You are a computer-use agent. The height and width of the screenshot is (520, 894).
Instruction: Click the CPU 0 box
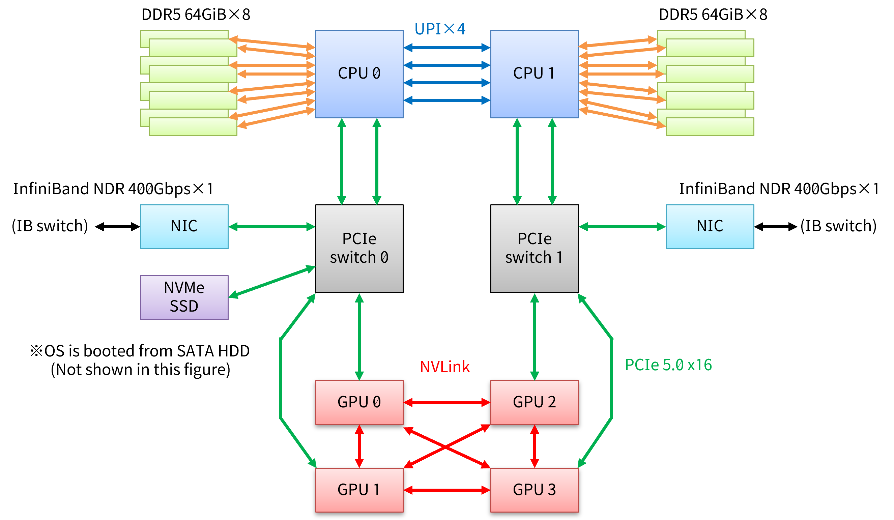click(359, 74)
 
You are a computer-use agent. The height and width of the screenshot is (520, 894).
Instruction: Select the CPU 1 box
click(534, 74)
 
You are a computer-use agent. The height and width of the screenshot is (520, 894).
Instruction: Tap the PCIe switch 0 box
click(359, 248)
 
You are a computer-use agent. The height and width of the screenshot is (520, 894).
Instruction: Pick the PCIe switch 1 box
click(534, 248)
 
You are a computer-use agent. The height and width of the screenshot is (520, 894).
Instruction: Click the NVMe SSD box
click(184, 297)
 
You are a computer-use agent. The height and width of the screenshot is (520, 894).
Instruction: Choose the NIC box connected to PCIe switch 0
click(184, 226)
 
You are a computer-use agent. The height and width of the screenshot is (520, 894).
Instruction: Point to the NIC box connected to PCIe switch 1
click(710, 226)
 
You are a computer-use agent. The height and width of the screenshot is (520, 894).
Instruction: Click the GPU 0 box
click(359, 402)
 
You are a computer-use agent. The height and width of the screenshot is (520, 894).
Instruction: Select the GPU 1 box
click(359, 490)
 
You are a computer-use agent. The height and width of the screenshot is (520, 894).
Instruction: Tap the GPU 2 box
click(534, 402)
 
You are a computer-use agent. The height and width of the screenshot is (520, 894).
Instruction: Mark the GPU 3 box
click(534, 490)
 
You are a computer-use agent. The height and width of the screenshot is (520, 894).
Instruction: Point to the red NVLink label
click(444, 367)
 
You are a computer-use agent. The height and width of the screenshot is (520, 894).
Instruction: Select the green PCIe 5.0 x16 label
click(668, 365)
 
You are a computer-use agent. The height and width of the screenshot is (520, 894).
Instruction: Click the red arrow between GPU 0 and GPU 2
click(447, 402)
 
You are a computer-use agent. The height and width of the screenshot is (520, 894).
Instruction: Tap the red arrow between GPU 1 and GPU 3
click(447, 490)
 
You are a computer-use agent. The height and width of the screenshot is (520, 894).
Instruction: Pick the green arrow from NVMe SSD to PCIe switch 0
click(272, 282)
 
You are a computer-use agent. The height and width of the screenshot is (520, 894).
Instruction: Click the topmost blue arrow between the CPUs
click(447, 48)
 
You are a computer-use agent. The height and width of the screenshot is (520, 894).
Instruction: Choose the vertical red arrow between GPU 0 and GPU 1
click(359, 446)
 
